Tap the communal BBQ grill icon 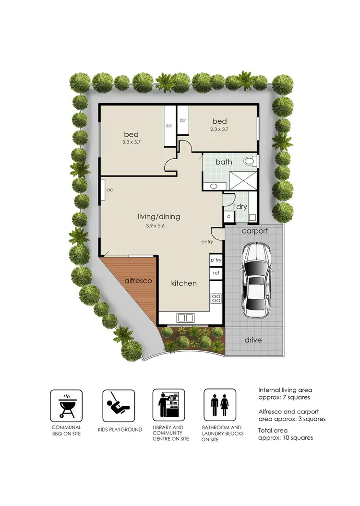click(66, 406)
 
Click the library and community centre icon click(168, 406)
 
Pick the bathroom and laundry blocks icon click(219, 406)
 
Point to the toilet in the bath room click(249, 162)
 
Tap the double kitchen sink click(185, 317)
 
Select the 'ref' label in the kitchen click(216, 273)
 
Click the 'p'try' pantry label click(216, 259)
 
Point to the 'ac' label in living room click(109, 190)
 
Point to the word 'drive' click(253, 340)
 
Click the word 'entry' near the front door click(207, 242)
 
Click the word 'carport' click(254, 231)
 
